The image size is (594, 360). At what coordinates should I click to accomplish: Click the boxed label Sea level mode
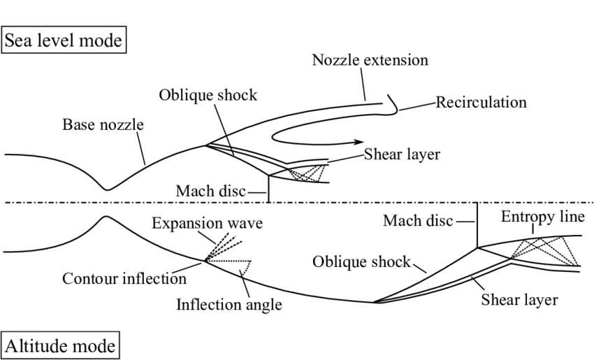tap(64, 41)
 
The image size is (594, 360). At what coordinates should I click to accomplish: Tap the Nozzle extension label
tap(370, 60)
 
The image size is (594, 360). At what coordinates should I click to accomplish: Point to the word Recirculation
tap(481, 103)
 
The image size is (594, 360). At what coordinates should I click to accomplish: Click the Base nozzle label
tap(103, 125)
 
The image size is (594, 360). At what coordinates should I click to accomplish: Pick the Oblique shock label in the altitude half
tap(362, 261)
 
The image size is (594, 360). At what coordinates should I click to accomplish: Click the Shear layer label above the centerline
tap(402, 154)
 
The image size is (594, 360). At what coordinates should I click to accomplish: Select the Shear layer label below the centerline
tap(519, 300)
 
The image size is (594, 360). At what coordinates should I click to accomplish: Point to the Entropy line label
tap(542, 217)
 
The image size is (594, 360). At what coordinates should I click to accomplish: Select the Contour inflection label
tap(124, 278)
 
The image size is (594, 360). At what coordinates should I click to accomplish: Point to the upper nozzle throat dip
tap(106, 189)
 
